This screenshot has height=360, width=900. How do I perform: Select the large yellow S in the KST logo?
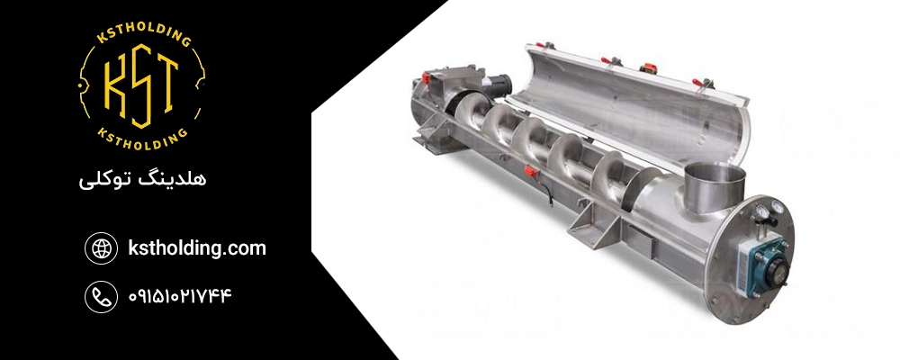(141, 86)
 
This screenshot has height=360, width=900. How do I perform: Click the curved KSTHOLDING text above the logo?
(142, 34)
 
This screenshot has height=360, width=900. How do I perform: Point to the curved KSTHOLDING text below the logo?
(142, 140)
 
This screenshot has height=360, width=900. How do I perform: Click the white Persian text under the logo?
(142, 179)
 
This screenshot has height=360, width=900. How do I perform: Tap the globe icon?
(101, 248)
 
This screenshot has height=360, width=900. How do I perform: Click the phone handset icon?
(101, 296)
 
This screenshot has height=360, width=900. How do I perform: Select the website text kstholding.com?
(197, 248)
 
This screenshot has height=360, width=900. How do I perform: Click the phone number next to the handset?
(180, 296)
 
